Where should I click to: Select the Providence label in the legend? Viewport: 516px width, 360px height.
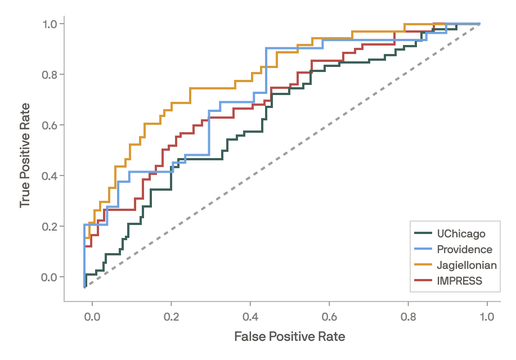click(x=464, y=249)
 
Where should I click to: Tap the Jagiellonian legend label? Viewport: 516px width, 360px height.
click(x=467, y=265)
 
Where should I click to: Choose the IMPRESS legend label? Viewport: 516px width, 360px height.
click(x=460, y=281)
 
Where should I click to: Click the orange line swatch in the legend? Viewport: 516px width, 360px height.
click(x=423, y=264)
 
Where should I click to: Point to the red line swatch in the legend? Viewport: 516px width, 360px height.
click(x=423, y=280)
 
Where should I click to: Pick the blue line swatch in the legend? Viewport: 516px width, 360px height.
click(x=423, y=249)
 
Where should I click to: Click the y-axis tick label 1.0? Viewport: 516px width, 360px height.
click(x=50, y=24)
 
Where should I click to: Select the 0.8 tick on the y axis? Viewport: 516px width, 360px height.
click(x=50, y=74)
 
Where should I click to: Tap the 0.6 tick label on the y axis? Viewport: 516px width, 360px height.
click(x=50, y=125)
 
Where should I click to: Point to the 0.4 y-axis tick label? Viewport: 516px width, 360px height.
click(x=50, y=175)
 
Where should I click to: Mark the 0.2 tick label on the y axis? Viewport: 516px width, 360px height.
click(x=50, y=226)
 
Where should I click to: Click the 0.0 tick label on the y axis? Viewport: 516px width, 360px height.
click(x=50, y=277)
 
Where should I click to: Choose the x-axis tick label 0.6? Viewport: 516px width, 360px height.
click(x=329, y=317)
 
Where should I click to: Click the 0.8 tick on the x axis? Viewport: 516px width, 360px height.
click(x=407, y=317)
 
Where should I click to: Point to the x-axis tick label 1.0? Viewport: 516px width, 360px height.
click(x=486, y=317)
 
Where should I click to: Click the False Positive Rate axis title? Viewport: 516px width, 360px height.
click(x=289, y=336)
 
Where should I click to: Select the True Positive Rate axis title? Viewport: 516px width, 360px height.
click(x=25, y=154)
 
